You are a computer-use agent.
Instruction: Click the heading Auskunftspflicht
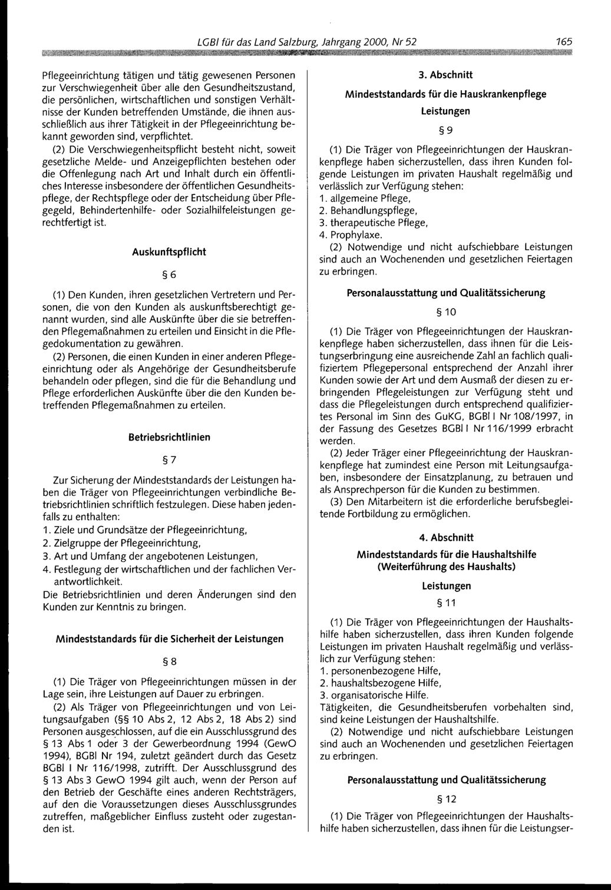169,250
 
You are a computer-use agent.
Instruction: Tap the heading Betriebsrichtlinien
169,438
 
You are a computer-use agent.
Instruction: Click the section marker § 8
169,660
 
